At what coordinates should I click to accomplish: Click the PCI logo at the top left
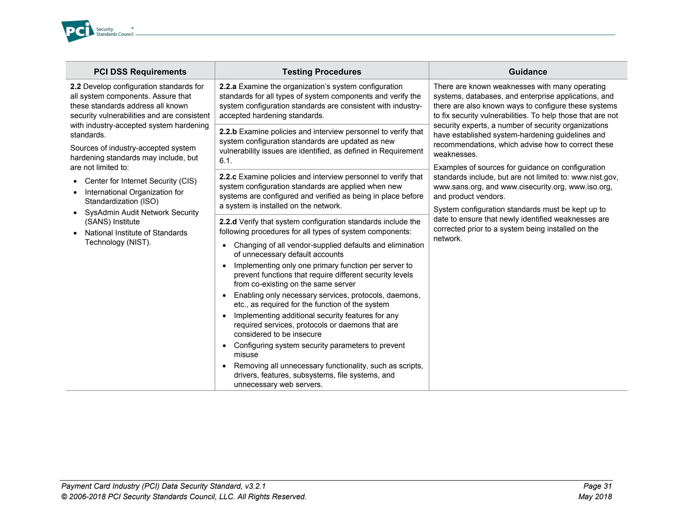coord(78,31)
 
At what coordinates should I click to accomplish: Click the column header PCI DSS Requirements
coord(140,72)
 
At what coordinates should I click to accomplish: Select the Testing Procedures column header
coord(321,72)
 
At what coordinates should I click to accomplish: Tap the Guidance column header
coord(528,72)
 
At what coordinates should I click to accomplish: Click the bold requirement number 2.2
coord(75,86)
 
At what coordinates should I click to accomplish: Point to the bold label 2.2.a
coord(228,86)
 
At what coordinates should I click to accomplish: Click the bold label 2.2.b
coord(228,132)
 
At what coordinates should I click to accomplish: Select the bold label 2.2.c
coord(228,177)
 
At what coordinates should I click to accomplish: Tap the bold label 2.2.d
coord(228,222)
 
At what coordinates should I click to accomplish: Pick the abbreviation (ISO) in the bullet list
coord(149,201)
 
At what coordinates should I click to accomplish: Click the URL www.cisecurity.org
coord(533,187)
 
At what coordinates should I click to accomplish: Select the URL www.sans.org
coord(457,187)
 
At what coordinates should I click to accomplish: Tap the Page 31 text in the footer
coord(597,486)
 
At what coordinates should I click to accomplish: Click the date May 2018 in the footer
coord(595,497)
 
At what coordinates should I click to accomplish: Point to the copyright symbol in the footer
coord(64,497)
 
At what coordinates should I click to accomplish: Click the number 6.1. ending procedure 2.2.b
coord(225,161)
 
